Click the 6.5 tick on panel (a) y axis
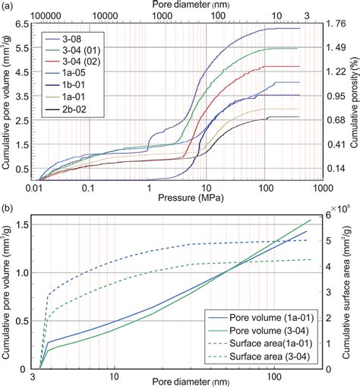click(24, 25)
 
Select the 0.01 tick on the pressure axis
click(33, 186)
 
